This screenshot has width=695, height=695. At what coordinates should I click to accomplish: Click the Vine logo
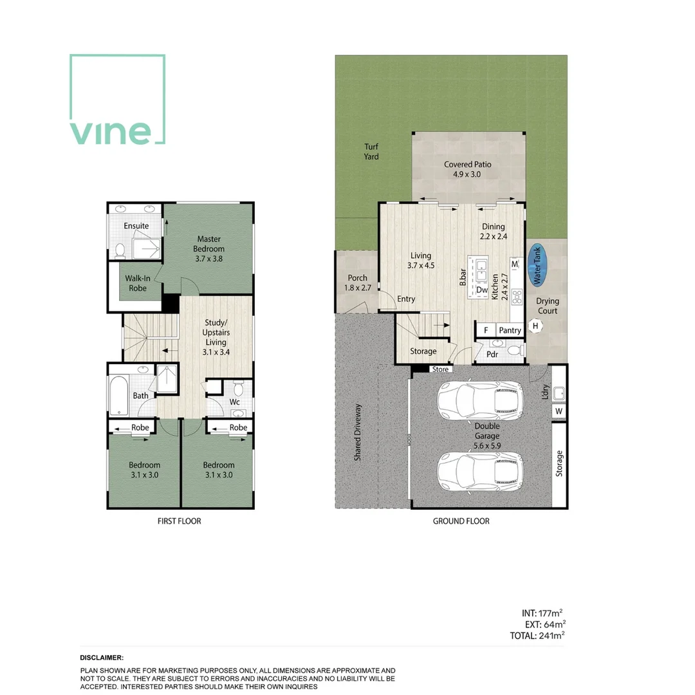117,100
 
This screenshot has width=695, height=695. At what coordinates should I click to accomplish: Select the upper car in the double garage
479,400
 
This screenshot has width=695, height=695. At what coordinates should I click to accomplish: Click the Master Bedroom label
210,244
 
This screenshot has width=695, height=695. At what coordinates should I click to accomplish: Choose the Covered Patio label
467,169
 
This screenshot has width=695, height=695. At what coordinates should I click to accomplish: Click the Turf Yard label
371,152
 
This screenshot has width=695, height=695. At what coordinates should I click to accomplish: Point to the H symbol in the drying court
535,326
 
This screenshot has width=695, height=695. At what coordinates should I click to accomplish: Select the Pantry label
510,331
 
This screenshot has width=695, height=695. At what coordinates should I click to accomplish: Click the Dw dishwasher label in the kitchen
481,290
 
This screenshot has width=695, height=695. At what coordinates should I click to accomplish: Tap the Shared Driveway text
358,432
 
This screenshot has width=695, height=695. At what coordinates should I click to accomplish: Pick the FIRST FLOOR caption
179,521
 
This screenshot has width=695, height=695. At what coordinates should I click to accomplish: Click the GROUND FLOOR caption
461,521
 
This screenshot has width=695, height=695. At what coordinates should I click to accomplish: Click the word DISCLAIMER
102,658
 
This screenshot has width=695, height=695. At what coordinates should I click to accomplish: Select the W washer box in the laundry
558,411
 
